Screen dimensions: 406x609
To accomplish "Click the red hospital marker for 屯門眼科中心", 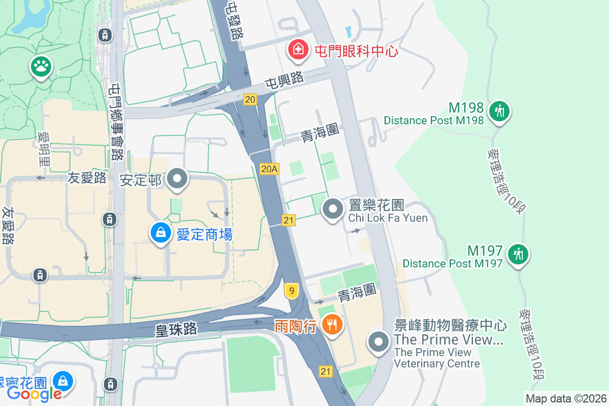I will [298, 50].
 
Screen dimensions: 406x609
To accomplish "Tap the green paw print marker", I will [41, 65].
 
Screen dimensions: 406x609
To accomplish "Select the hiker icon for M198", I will [499, 110].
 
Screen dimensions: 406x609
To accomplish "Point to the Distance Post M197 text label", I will [452, 263].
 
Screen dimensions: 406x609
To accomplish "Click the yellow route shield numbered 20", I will [250, 99].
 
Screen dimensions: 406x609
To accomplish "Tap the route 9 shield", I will [291, 291].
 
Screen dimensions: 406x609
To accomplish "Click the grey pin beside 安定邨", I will [177, 179].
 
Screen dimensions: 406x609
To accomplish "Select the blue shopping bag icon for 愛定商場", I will [160, 233].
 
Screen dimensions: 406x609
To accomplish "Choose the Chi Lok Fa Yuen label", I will [388, 218].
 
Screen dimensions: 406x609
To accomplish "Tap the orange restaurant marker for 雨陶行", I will [332, 325].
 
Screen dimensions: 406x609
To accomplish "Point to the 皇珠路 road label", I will [176, 329].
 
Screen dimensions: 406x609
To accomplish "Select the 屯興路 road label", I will [284, 80].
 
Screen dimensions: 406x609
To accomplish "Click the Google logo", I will [34, 393].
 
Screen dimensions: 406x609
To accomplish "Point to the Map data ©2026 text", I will [566, 398].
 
